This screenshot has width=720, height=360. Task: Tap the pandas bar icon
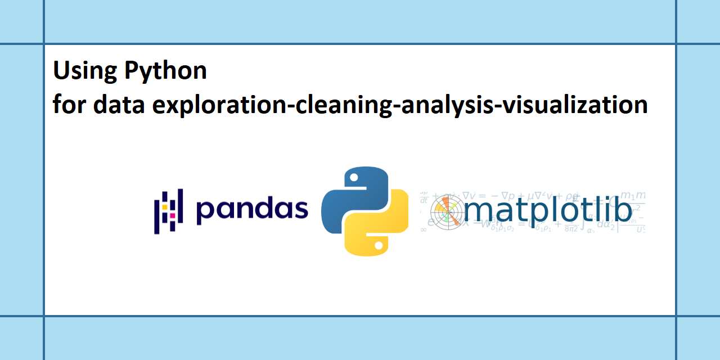click(168, 212)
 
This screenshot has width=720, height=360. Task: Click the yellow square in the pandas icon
click(165, 207)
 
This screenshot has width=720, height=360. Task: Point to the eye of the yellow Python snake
click(379, 245)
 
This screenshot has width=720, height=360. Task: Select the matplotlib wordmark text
click(548, 210)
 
